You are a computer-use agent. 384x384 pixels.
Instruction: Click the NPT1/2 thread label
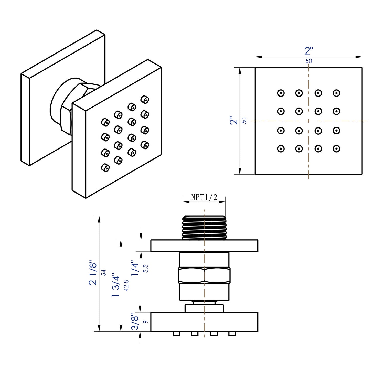(x=204, y=197)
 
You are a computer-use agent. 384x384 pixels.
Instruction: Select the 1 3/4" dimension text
(x=116, y=286)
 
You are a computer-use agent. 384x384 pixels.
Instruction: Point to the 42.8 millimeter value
(x=126, y=285)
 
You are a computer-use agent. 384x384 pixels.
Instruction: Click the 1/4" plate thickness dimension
(x=135, y=268)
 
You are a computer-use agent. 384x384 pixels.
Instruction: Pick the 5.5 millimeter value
(x=146, y=268)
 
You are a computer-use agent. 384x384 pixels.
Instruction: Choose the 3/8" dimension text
(x=135, y=322)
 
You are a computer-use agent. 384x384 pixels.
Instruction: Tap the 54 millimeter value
(x=103, y=273)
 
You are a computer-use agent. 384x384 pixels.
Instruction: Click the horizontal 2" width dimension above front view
(x=309, y=51)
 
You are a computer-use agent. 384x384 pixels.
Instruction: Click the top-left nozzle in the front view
(x=281, y=93)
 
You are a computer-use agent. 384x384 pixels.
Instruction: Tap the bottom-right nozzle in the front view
(x=336, y=149)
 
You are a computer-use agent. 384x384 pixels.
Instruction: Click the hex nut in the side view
(x=204, y=275)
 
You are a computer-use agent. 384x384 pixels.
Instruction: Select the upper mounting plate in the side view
(x=204, y=246)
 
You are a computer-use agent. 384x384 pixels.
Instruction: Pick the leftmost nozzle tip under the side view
(x=176, y=334)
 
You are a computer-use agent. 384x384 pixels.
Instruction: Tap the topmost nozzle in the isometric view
(x=145, y=99)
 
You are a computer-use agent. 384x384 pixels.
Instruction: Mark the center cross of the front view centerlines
(x=309, y=121)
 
